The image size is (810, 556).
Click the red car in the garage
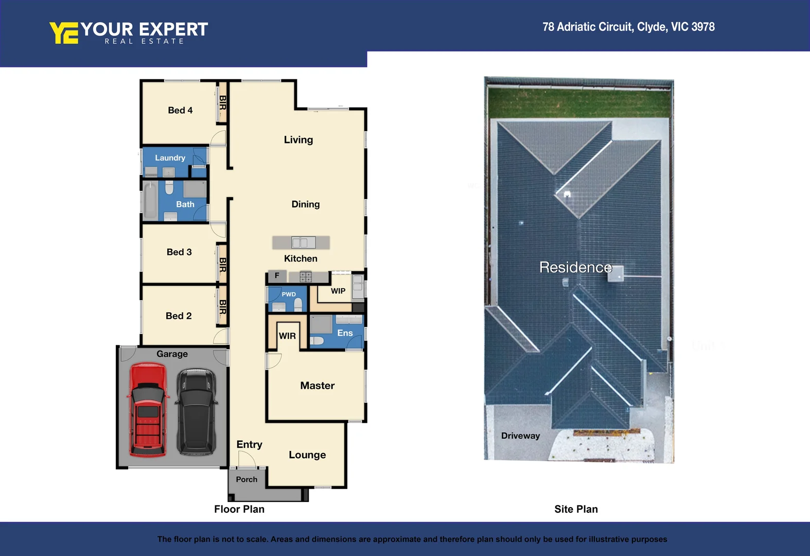pos(148,410)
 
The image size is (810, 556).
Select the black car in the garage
pos(196,411)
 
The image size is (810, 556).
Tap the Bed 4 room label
pos(180,110)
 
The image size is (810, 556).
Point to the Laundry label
pos(170,158)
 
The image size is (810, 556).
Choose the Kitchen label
pos(301,258)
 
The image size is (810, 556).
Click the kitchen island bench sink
pos(303,242)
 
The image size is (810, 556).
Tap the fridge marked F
pos(277,276)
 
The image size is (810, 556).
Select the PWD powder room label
pos(289,294)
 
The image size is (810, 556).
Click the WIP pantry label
pos(338,291)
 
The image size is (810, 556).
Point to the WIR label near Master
pos(287,336)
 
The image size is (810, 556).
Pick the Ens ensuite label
pos(345,333)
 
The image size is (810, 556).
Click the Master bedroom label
pos(317,386)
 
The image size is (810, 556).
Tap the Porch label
pos(246,479)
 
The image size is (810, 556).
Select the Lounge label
pos(307,455)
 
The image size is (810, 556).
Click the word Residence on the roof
pos(575,267)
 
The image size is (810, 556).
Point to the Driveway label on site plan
pos(520,436)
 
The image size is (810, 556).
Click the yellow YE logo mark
pos(64,33)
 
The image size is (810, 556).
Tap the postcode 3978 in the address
pos(703,27)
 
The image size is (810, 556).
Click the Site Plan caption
pos(576,509)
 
